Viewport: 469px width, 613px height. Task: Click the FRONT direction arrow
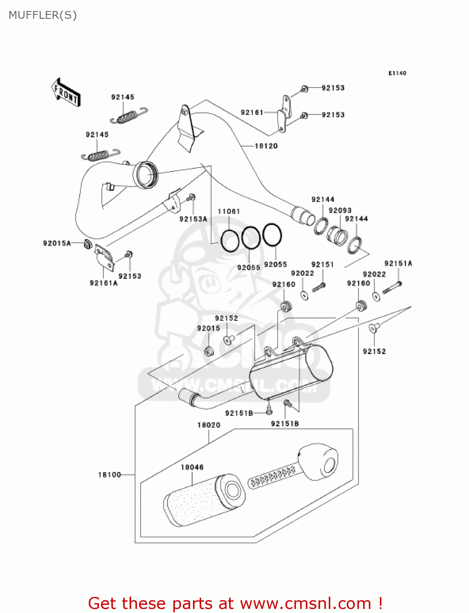pyautogui.click(x=65, y=92)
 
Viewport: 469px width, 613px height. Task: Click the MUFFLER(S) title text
pyautogui.click(x=43, y=15)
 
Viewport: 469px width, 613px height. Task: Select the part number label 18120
pyautogui.click(x=266, y=146)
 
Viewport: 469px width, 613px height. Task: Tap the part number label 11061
pyautogui.click(x=229, y=211)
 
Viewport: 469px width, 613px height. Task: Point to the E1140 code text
pyautogui.click(x=397, y=73)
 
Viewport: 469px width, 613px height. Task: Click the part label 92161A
pyautogui.click(x=103, y=283)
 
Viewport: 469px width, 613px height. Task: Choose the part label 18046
pyautogui.click(x=192, y=467)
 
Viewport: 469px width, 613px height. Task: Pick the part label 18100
pyautogui.click(x=109, y=474)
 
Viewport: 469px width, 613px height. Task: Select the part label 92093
pyautogui.click(x=340, y=210)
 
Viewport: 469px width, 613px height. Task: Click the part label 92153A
pyautogui.click(x=193, y=219)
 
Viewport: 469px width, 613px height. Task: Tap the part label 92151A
pyautogui.click(x=398, y=264)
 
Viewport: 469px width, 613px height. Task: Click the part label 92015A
pyautogui.click(x=57, y=243)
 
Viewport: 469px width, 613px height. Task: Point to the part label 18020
pyautogui.click(x=209, y=425)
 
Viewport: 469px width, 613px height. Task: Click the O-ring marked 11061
pyautogui.click(x=230, y=241)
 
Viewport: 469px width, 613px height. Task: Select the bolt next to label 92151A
pyautogui.click(x=392, y=288)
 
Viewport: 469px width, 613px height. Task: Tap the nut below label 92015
pyautogui.click(x=209, y=351)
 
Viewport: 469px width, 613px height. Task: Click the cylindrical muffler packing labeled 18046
pyautogui.click(x=204, y=501)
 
